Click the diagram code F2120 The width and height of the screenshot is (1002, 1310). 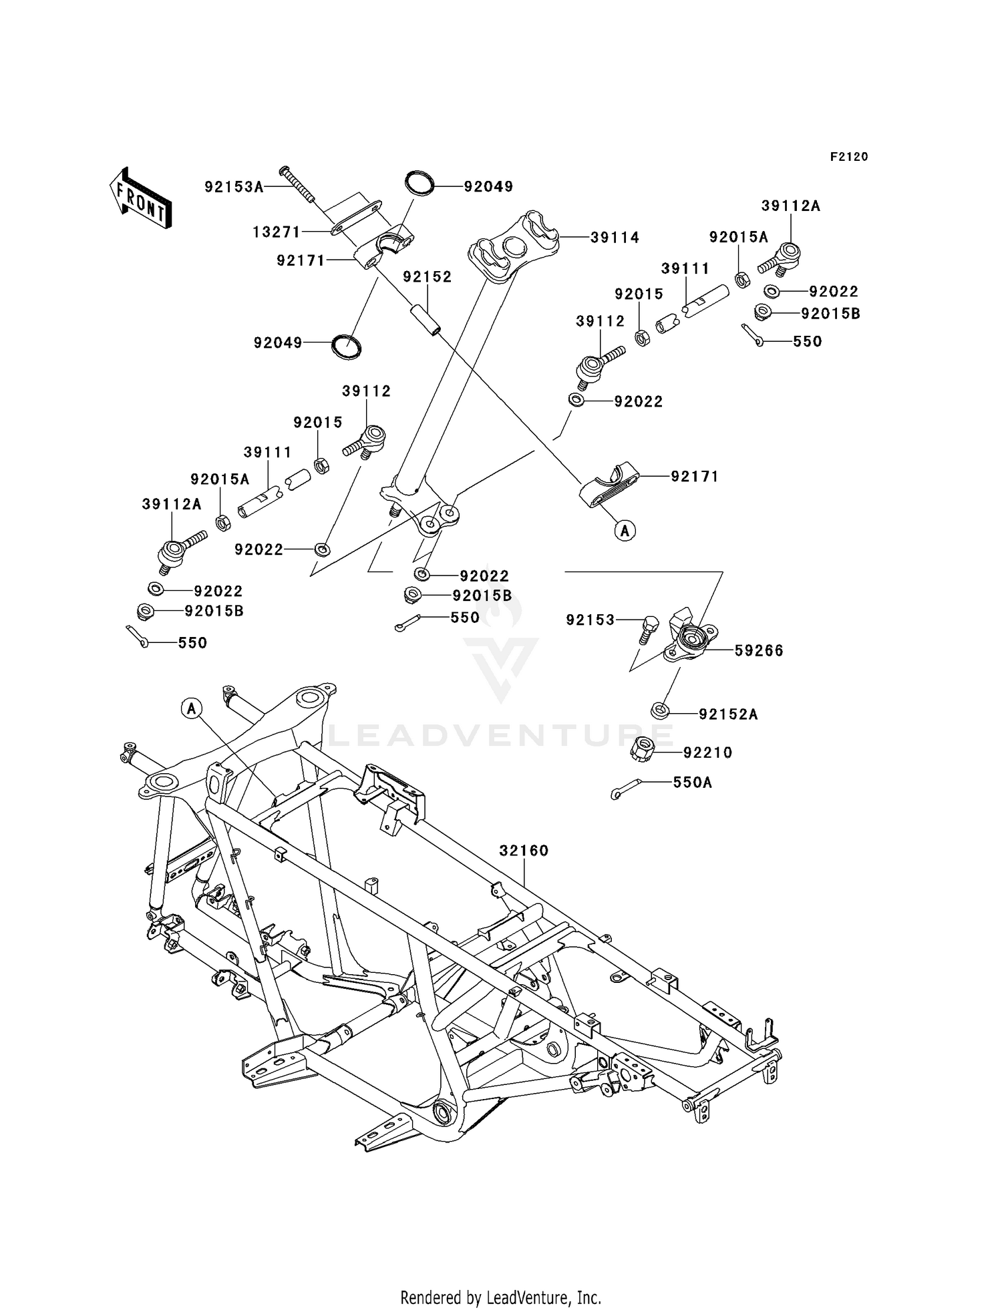click(x=849, y=157)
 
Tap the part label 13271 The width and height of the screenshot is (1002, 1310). click(x=277, y=232)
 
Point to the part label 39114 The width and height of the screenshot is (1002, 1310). click(x=615, y=238)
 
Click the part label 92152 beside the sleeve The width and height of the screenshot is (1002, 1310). click(x=427, y=276)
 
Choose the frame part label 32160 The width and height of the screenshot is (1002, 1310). click(x=524, y=851)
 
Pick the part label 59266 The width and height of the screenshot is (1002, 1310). click(x=759, y=650)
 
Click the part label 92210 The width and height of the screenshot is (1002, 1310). click(x=708, y=753)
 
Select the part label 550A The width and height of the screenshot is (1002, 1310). click(x=693, y=783)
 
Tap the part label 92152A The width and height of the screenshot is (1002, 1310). click(x=729, y=714)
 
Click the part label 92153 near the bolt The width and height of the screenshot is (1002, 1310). click(x=591, y=620)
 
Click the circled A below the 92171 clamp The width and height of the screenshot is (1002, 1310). click(x=625, y=531)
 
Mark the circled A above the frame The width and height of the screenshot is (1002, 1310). click(x=192, y=708)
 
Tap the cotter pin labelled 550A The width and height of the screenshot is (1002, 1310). click(x=626, y=788)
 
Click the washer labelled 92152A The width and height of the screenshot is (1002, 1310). click(x=660, y=709)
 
